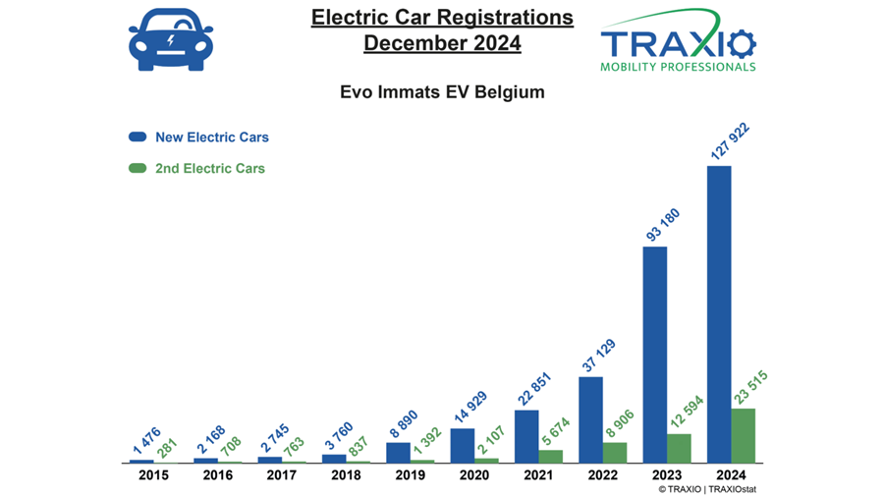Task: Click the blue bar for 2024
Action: coord(719,314)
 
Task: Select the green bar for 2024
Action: coord(744,435)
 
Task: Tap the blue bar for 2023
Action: coord(655,355)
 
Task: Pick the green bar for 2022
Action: coord(615,452)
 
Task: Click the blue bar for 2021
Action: coord(526,436)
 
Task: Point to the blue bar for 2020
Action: coord(462,445)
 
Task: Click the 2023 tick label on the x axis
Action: coord(667,475)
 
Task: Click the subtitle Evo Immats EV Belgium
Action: coord(441,92)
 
